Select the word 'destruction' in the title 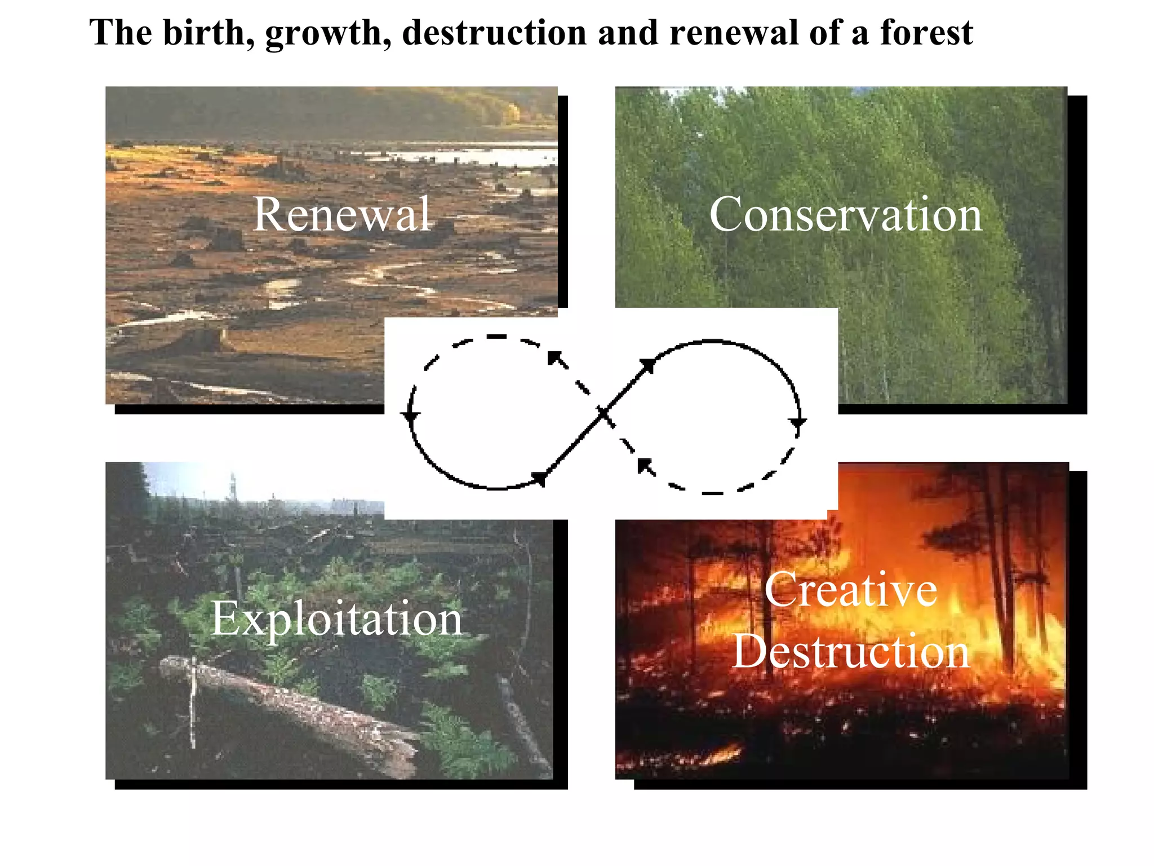(494, 32)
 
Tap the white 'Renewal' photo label (342, 214)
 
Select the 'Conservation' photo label (846, 214)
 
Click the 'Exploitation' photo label (336, 619)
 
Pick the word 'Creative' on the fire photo (851, 590)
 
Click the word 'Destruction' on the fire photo (851, 651)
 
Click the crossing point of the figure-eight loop (603, 414)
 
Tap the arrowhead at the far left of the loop (410, 416)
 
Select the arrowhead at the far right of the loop (797, 422)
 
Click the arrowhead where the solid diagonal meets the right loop (648, 366)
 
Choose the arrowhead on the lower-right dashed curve (645, 465)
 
